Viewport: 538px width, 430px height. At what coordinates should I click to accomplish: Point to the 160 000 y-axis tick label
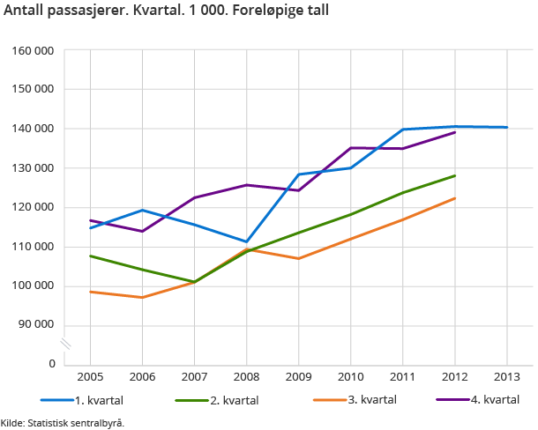[34, 50]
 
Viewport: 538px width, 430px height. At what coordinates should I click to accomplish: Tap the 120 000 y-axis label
[34, 207]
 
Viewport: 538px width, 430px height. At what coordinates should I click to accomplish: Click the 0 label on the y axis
[52, 364]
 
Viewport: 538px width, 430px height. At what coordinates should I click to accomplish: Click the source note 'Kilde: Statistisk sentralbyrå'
[63, 422]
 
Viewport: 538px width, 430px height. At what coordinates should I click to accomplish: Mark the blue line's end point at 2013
[506, 127]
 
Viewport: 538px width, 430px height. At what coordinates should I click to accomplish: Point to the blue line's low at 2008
[246, 241]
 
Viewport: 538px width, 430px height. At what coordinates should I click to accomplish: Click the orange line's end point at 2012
[454, 198]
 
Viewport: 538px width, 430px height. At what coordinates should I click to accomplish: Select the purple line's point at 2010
[350, 148]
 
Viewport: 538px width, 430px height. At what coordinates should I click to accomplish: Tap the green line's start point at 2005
[90, 256]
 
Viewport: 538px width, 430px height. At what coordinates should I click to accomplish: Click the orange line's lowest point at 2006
[142, 297]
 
